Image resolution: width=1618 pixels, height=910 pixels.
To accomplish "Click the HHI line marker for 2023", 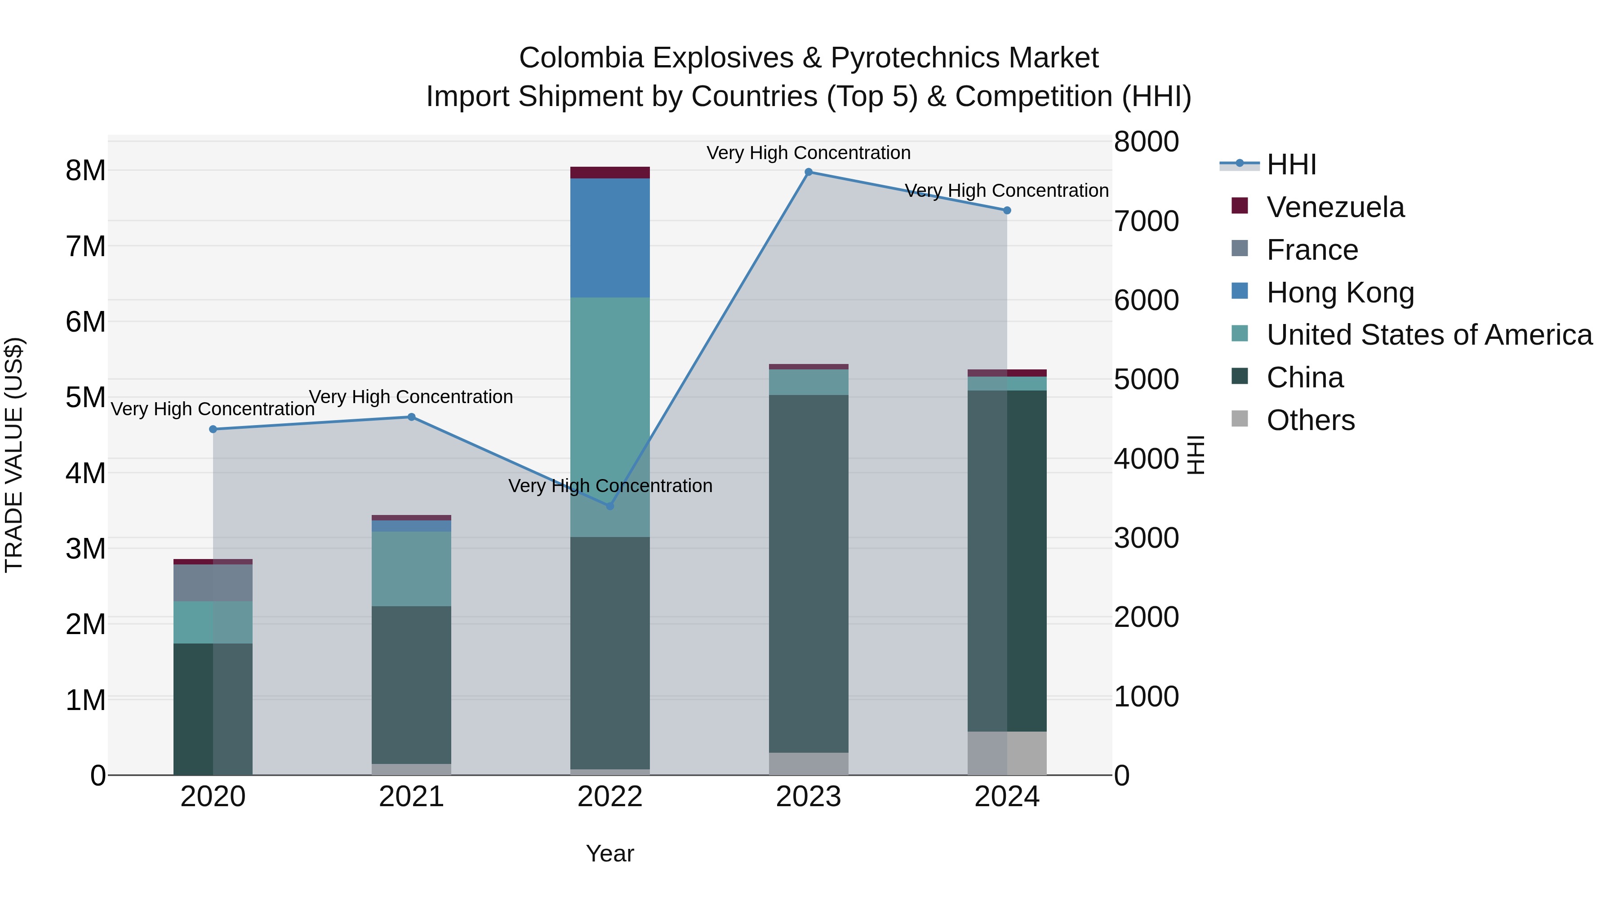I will pos(809,172).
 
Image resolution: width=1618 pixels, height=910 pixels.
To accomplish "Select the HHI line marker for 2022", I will pos(609,506).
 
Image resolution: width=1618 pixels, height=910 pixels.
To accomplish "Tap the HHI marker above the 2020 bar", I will pos(213,430).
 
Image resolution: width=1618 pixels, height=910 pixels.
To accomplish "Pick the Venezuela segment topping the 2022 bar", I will pos(609,173).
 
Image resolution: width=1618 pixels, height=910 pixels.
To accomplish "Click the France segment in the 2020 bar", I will pos(213,583).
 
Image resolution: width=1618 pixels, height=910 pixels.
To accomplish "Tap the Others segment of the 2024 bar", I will pos(1007,753).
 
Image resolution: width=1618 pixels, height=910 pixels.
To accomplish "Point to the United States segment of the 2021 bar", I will pos(411,568).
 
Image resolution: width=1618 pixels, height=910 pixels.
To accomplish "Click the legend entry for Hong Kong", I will pos(1340,293).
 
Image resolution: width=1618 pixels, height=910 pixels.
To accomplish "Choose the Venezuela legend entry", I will pos(1335,207).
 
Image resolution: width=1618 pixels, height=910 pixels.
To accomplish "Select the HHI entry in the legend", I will pos(1291,164).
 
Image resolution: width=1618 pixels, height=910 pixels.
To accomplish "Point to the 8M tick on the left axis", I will pos(86,171).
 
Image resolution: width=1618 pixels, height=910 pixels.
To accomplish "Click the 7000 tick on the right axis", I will pos(1146,222).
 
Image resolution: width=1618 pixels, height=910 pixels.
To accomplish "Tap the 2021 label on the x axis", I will pos(411,797).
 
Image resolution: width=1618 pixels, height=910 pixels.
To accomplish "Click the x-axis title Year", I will pos(609,853).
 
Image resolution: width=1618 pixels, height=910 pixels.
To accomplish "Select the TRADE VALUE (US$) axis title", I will pos(14,455).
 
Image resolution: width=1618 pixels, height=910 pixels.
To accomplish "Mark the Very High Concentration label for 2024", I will pos(1006,190).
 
